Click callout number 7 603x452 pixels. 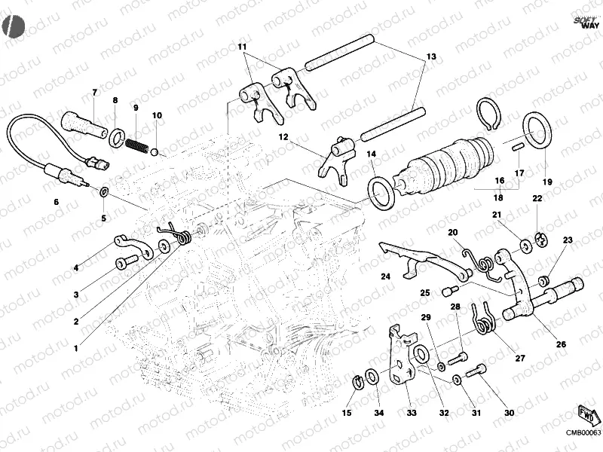(x=95, y=93)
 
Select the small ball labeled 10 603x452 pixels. (x=155, y=151)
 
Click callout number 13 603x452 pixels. (x=431, y=56)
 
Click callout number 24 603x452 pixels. (x=385, y=277)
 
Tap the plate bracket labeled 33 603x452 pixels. (x=401, y=353)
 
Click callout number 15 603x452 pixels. (x=347, y=412)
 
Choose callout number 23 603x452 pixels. (x=568, y=240)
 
